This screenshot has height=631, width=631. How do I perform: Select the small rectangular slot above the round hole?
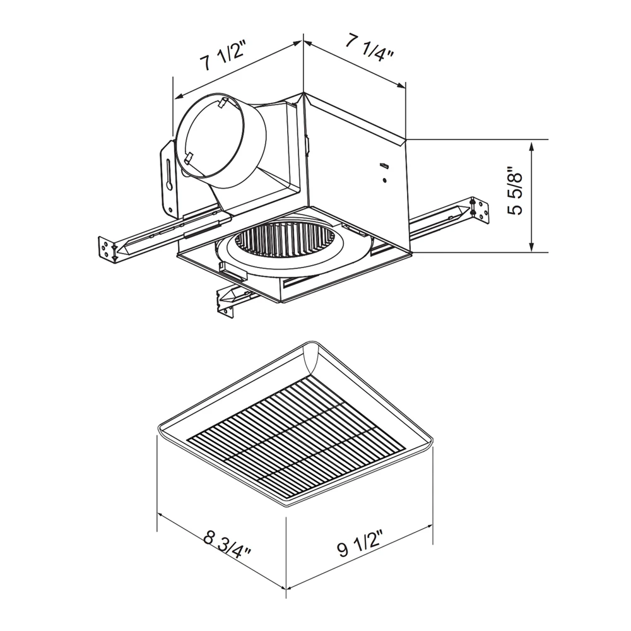click(x=383, y=167)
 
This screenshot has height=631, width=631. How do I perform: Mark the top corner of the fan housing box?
click(x=304, y=95)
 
